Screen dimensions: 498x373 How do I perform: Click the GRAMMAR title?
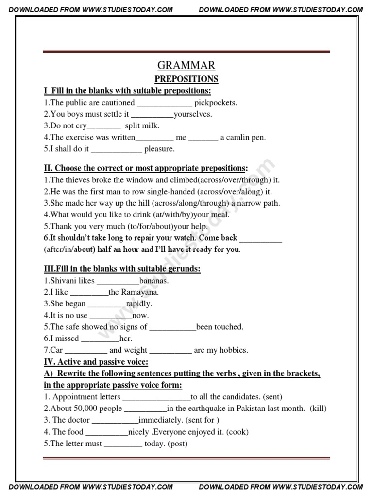(186, 66)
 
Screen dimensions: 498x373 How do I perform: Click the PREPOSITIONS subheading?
(186, 79)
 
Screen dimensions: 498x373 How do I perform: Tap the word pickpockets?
(216, 103)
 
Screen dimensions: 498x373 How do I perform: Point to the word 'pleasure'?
(159, 149)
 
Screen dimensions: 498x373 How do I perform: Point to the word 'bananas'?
(154, 281)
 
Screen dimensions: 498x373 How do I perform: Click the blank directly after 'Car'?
(86, 350)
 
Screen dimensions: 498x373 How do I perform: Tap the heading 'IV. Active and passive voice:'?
(96, 362)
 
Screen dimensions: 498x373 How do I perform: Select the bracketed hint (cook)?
(237, 432)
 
